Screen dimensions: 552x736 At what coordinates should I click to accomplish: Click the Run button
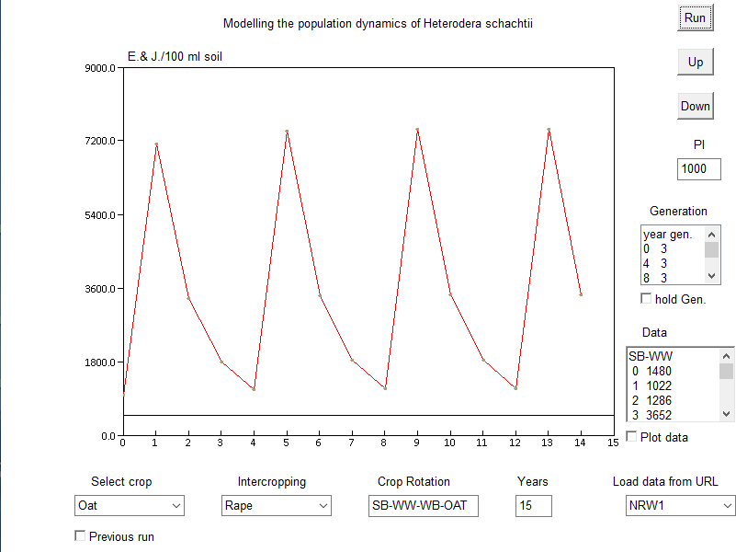tap(696, 17)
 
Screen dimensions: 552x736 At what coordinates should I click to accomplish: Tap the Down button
tap(696, 106)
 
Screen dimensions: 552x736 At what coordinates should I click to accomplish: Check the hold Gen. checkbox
tap(646, 298)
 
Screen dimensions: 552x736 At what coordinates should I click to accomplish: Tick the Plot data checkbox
tap(631, 437)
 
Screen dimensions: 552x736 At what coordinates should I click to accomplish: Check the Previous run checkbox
tap(80, 535)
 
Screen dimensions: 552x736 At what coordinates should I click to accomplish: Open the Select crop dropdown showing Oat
tap(129, 505)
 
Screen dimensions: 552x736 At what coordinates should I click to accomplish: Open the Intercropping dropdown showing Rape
tap(276, 505)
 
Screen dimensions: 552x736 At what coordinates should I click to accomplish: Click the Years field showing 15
tap(533, 505)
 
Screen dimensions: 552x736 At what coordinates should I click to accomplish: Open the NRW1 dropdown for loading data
tap(679, 505)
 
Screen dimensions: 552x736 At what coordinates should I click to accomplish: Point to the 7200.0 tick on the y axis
tap(101, 141)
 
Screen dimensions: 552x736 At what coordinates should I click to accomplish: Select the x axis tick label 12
tap(515, 443)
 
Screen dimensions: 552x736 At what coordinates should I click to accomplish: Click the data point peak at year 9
tap(417, 130)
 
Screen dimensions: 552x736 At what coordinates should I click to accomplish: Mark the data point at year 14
tap(581, 294)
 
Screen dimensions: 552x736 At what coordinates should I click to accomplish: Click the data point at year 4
tap(254, 389)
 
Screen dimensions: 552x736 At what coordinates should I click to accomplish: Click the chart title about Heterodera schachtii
tap(378, 23)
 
